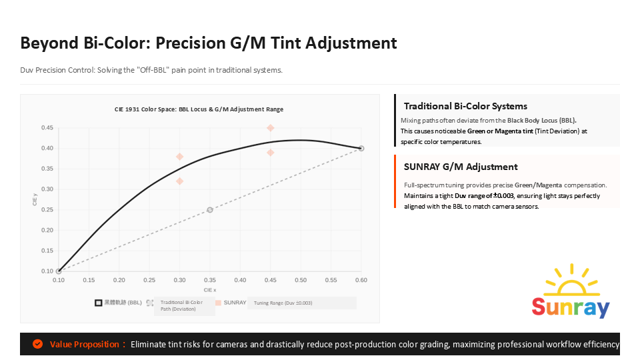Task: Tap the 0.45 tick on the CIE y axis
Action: [x=47, y=127]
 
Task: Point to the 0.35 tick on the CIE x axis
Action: [x=210, y=281]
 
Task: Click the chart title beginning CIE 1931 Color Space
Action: [x=199, y=109]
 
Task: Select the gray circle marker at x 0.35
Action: [x=210, y=210]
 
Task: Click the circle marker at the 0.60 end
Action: [x=361, y=148]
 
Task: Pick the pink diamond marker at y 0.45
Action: [x=270, y=127]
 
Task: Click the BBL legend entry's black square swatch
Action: [x=98, y=302]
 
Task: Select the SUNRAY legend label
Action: [x=235, y=303]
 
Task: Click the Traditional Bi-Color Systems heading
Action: [x=465, y=106]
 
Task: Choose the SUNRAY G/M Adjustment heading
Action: [x=461, y=167]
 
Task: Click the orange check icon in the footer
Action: [x=38, y=344]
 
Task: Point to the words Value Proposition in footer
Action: [x=85, y=345]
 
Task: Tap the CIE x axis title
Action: [x=210, y=290]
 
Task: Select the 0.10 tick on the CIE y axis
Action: [x=47, y=271]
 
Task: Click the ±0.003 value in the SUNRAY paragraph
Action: [x=503, y=196]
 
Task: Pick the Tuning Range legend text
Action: [x=283, y=303]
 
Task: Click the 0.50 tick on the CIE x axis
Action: [x=301, y=281]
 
